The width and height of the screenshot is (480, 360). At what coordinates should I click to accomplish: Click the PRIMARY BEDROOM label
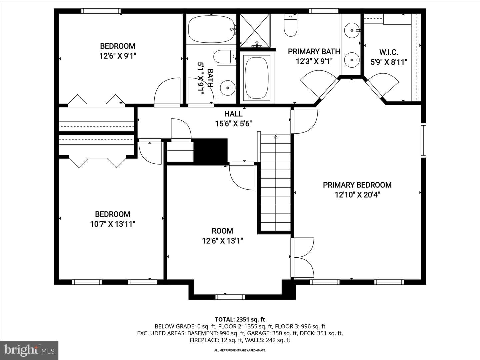(x=357, y=185)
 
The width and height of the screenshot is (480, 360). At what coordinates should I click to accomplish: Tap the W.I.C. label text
(x=389, y=52)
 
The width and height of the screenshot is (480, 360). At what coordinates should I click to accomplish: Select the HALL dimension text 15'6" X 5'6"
(x=233, y=124)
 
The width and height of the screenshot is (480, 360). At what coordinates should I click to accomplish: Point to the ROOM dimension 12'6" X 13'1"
(x=222, y=241)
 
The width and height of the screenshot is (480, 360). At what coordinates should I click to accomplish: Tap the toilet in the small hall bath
(x=225, y=56)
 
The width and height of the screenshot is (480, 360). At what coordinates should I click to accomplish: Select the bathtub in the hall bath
(x=211, y=29)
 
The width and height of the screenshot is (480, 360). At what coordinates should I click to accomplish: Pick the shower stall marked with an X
(x=255, y=30)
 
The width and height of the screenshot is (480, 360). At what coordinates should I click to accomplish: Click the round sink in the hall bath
(x=228, y=88)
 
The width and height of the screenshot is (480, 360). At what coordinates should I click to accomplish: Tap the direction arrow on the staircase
(x=276, y=137)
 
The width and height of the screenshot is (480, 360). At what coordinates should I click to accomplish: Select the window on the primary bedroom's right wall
(x=424, y=140)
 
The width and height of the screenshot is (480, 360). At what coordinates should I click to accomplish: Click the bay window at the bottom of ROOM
(x=230, y=297)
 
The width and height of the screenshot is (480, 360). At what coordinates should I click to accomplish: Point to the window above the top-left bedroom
(x=101, y=11)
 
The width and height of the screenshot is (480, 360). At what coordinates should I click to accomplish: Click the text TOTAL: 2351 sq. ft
(x=240, y=320)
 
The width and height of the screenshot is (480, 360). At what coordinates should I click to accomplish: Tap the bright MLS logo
(x=29, y=350)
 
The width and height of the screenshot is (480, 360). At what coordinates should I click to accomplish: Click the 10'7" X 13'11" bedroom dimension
(x=113, y=224)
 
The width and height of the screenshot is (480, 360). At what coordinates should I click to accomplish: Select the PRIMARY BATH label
(x=314, y=52)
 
